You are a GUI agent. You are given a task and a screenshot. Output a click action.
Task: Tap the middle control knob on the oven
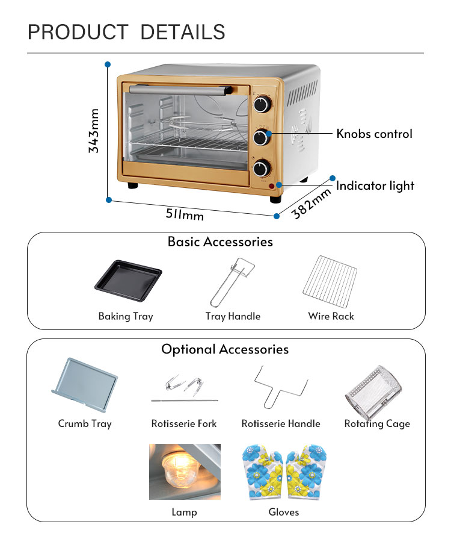tap(261, 137)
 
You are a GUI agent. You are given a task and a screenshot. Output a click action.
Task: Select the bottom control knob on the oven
tap(261, 168)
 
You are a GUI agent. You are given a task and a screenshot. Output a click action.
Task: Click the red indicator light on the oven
tap(272, 186)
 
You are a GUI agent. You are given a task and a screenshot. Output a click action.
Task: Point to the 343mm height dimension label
tap(94, 131)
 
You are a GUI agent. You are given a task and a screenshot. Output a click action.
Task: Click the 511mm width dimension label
tap(185, 214)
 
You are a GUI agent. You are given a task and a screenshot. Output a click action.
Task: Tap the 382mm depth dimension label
tap(312, 203)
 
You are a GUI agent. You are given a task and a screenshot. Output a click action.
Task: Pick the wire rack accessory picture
tap(331, 281)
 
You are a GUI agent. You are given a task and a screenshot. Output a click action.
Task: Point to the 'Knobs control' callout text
tap(374, 134)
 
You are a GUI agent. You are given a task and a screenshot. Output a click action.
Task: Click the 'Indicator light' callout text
tap(375, 185)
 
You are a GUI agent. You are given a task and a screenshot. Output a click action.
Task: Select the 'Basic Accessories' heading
tap(220, 242)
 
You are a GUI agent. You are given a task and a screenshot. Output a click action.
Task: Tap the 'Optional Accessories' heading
tap(225, 349)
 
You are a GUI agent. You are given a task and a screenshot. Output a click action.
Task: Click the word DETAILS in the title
tap(183, 32)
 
